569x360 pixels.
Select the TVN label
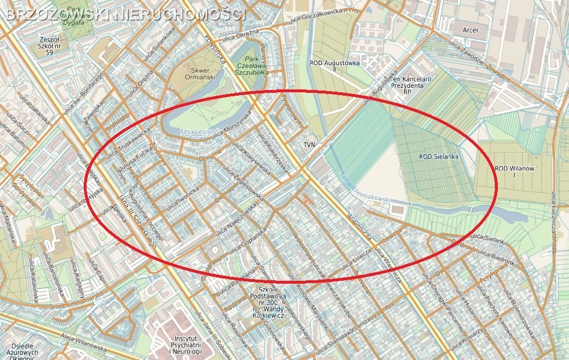[309, 145]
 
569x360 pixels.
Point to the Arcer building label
[470, 30]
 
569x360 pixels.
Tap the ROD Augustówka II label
[335, 66]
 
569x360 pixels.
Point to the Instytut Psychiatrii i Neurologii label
[186, 345]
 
